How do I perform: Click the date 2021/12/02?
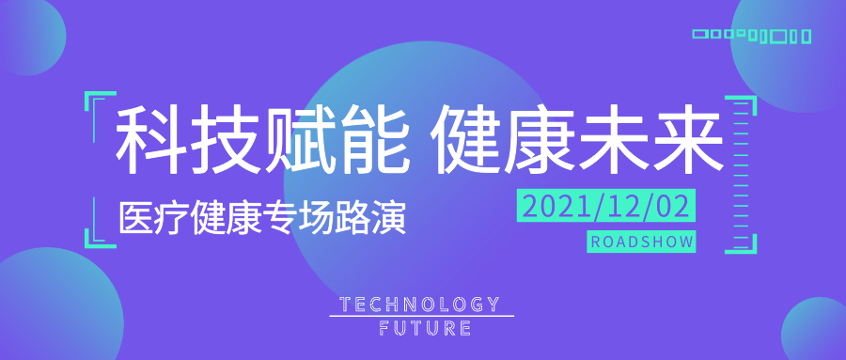606,206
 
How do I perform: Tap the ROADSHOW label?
641,242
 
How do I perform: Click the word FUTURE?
425,328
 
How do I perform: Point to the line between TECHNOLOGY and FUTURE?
421,316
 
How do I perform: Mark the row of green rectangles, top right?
752,36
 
